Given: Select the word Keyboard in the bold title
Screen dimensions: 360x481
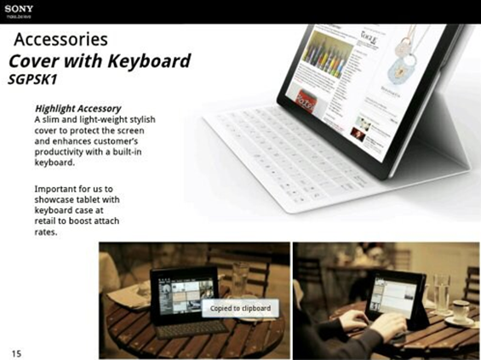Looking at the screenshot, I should click(x=149, y=61).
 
